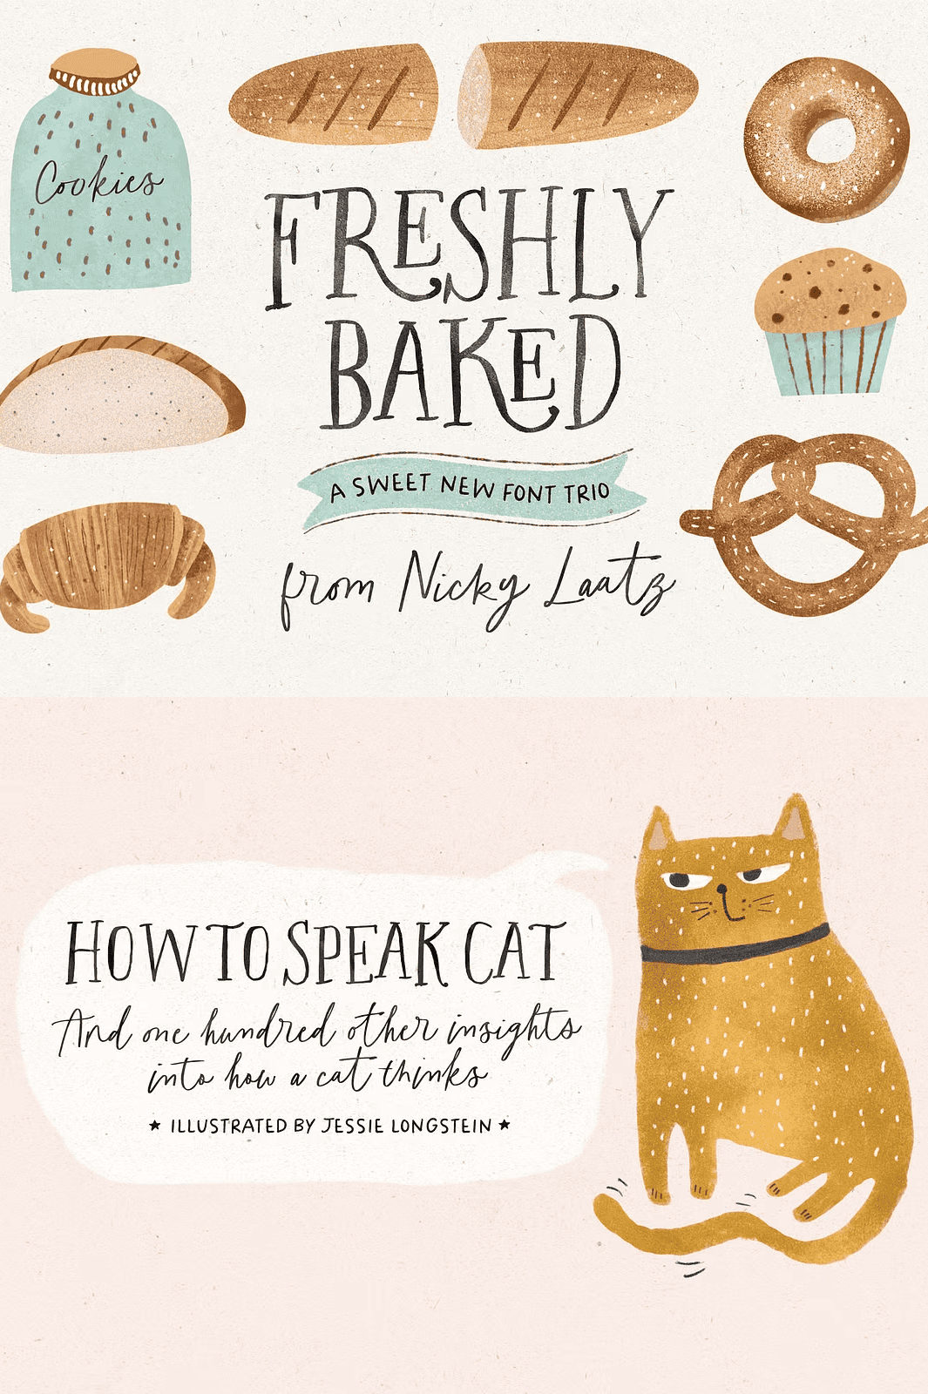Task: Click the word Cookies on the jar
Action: click(98, 180)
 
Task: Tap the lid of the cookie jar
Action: click(95, 71)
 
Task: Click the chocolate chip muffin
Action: click(830, 321)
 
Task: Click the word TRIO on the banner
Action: click(587, 493)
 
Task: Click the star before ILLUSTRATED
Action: click(156, 1125)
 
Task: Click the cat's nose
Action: click(721, 889)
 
